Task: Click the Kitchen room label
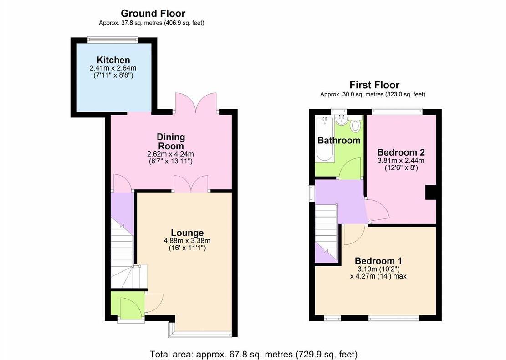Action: [113, 60]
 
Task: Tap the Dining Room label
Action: [171, 141]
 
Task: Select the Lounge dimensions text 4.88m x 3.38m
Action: [187, 241]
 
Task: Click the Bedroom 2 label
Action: [401, 152]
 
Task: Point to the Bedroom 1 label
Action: [378, 261]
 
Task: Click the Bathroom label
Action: [339, 140]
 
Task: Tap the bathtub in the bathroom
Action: [324, 138]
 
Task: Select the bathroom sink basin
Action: [340, 120]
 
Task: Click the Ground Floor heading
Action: [153, 14]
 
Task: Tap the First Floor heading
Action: [374, 85]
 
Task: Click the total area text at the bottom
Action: [254, 354]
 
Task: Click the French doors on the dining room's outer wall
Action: [196, 102]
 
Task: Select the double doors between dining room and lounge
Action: [190, 184]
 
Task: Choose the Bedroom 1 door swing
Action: [353, 235]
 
